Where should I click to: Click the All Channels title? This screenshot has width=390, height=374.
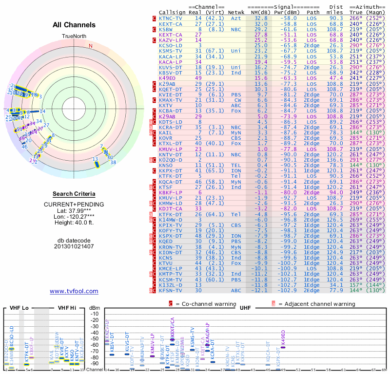click(74, 25)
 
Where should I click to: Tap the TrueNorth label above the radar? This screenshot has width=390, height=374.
click(74, 37)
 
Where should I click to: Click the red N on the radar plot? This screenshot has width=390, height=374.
click(90, 46)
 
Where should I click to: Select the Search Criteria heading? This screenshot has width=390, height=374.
click(74, 194)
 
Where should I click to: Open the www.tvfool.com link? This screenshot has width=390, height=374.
click(74, 291)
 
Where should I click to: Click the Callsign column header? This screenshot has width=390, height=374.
click(171, 12)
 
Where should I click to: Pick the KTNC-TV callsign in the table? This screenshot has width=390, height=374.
click(171, 18)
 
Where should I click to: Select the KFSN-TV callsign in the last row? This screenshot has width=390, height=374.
click(171, 290)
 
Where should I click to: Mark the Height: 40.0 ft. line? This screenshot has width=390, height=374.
click(74, 223)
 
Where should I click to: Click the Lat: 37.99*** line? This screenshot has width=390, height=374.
click(74, 210)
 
